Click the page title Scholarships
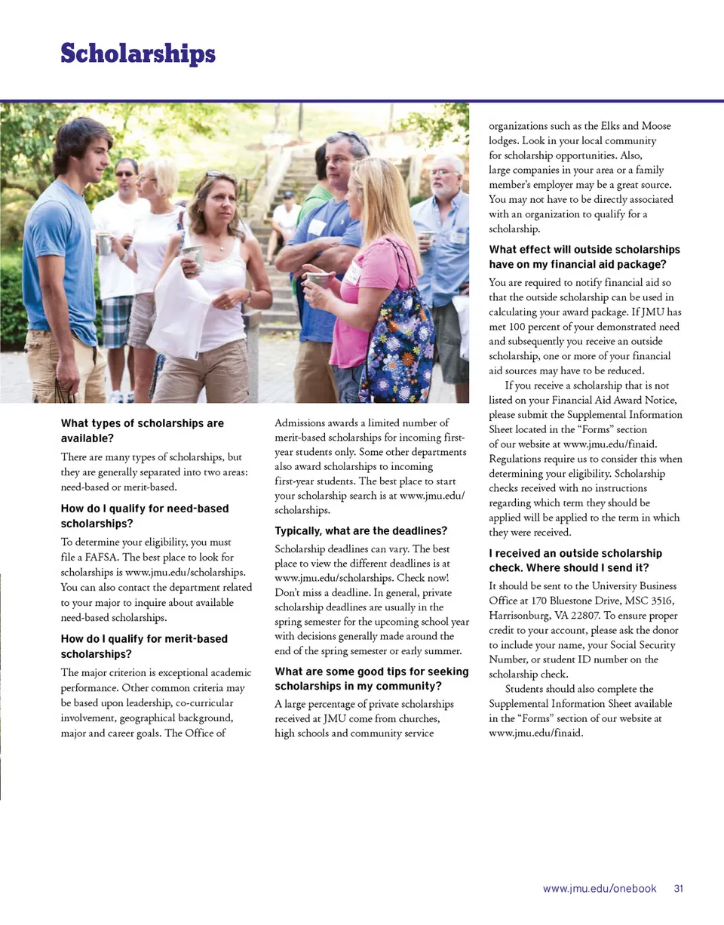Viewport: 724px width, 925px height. click(x=138, y=54)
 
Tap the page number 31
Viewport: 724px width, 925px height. click(x=679, y=889)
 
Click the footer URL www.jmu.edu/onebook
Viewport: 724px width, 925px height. click(x=600, y=889)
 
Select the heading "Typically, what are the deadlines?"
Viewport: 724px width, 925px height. click(x=361, y=531)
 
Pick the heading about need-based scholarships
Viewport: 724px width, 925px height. click(x=144, y=515)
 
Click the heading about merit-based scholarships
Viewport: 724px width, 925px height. click(x=144, y=646)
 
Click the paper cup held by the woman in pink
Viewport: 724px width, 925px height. click(x=317, y=279)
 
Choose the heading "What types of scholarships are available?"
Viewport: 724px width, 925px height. click(x=142, y=431)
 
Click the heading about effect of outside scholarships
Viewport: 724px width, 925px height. click(x=584, y=257)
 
